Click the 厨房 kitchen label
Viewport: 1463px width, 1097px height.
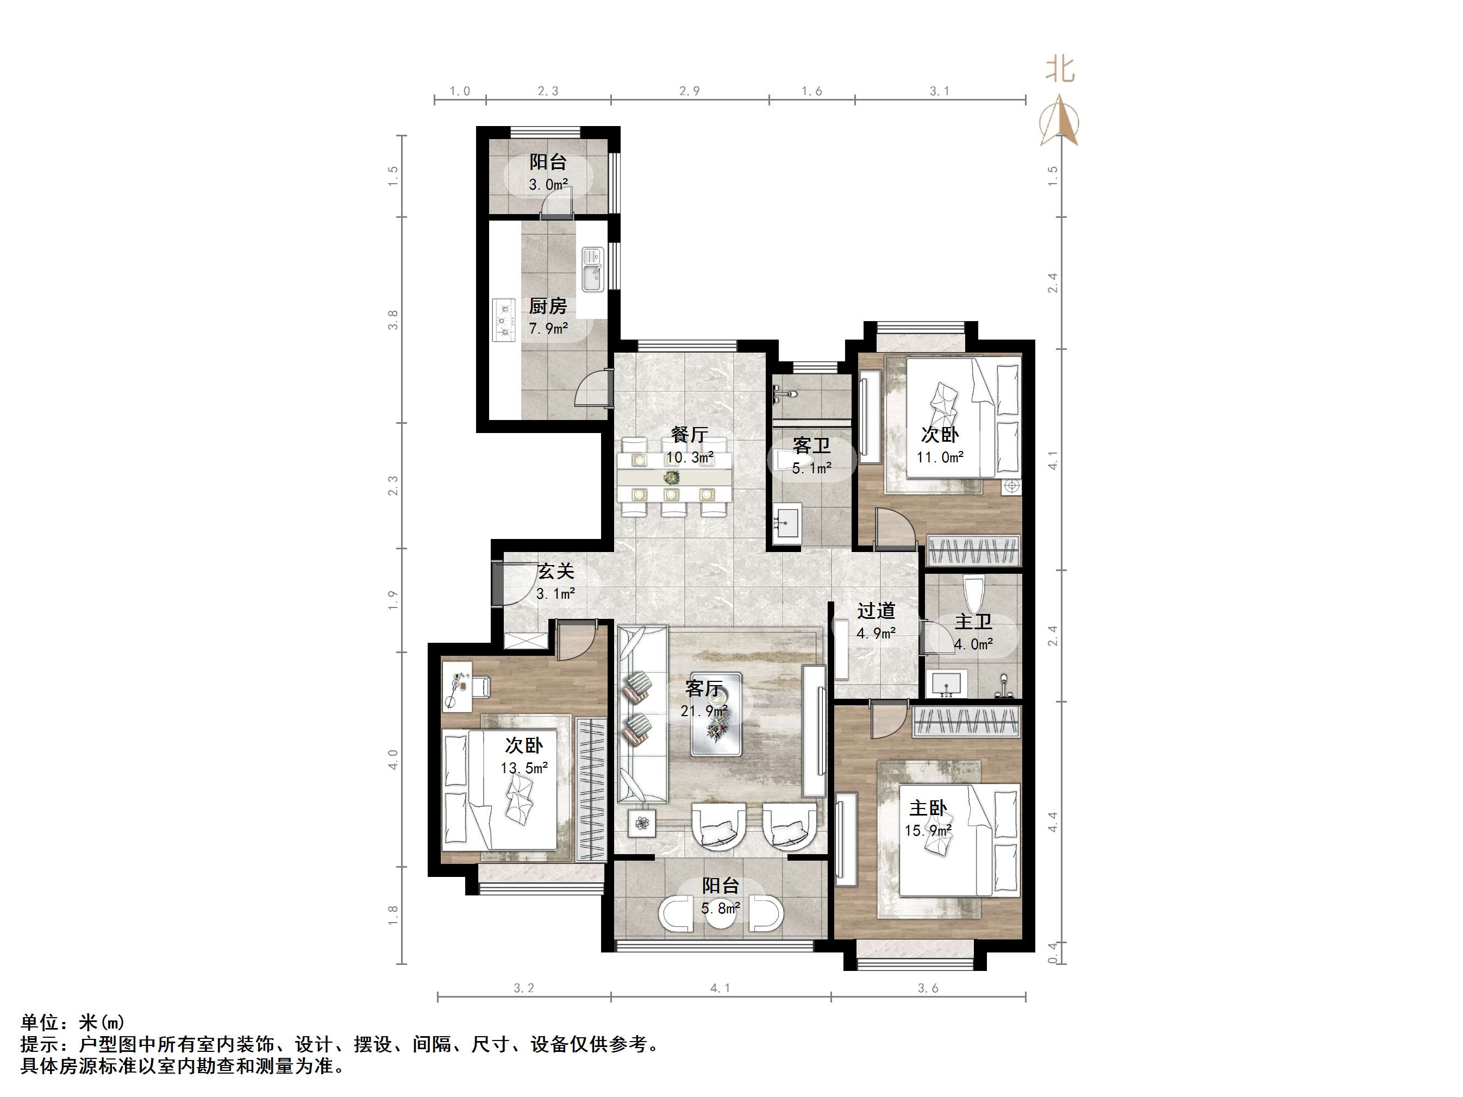pos(548,306)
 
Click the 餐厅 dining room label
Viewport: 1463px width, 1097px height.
pos(689,435)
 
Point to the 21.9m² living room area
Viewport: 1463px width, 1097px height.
pos(704,711)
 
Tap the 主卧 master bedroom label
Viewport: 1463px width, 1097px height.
pos(928,808)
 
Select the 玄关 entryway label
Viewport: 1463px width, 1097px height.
pos(555,571)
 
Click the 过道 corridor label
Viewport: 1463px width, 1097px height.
pos(877,610)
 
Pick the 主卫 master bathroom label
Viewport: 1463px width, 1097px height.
pos(973,622)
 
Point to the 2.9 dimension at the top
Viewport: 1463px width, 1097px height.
pos(689,91)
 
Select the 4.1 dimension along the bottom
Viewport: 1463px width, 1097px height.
pos(720,988)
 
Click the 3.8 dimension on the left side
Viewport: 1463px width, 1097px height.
pos(393,320)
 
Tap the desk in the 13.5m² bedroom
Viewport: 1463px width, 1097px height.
pos(458,686)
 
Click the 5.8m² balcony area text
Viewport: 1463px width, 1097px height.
pos(720,908)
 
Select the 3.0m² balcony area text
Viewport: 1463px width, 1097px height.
pos(548,185)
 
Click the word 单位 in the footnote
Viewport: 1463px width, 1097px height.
pos(40,1023)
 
